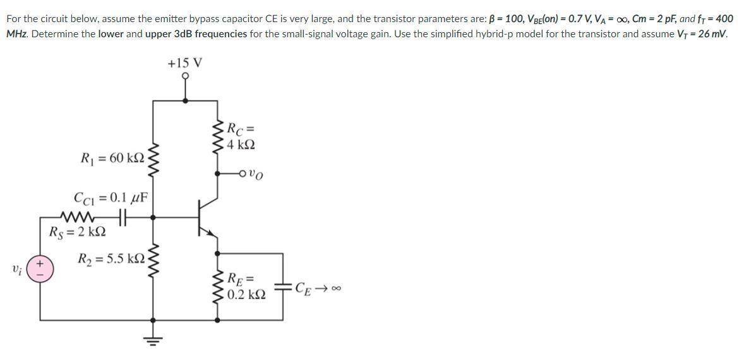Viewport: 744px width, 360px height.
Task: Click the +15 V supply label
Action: point(185,63)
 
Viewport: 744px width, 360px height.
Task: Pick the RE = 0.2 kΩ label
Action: point(241,286)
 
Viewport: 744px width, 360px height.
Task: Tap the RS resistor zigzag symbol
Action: point(77,215)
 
